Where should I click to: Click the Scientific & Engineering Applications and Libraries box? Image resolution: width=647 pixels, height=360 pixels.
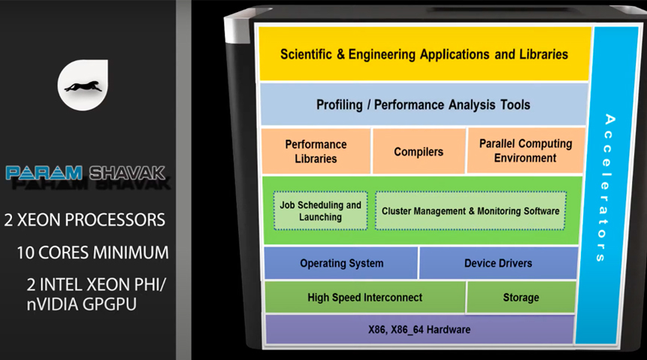[424, 54]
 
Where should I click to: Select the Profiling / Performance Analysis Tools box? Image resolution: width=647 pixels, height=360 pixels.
[423, 104]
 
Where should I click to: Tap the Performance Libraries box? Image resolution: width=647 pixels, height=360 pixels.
[316, 151]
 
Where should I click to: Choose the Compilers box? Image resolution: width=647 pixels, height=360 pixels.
[419, 151]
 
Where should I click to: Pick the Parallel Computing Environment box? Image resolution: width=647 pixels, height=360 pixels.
[525, 150]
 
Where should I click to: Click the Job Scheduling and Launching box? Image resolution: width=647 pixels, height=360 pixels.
[320, 210]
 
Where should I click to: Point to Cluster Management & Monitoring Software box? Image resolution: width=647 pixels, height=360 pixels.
[470, 210]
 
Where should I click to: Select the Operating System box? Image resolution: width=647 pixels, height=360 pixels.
[341, 263]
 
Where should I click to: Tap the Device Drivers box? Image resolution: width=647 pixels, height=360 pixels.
[497, 263]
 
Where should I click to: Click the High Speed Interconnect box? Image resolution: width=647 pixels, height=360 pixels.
[364, 298]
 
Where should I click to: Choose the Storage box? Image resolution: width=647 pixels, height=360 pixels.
[521, 298]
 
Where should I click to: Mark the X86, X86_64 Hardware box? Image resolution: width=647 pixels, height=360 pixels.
[419, 329]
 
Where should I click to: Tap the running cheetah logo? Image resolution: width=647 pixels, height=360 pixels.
[83, 86]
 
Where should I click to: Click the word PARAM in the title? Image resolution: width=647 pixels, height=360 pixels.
[44, 173]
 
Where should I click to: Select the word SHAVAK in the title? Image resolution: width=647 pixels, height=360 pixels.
[127, 173]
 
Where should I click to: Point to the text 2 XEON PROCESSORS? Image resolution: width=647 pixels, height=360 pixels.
[84, 220]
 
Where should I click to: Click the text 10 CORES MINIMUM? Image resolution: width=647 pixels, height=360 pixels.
[92, 253]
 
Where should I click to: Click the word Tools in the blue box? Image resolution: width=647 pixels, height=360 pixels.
[512, 104]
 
